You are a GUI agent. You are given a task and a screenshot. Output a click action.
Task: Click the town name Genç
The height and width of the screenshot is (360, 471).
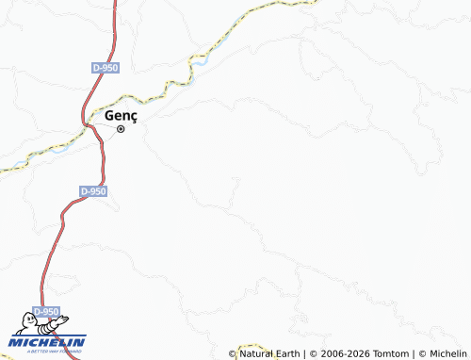(x=121, y=114)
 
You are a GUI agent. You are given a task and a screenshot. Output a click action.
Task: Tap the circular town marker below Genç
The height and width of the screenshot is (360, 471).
(x=121, y=129)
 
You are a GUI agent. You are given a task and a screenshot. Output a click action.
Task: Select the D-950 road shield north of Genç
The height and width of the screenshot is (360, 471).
(x=106, y=68)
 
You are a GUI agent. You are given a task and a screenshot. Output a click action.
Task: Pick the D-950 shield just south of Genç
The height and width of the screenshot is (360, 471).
(x=93, y=190)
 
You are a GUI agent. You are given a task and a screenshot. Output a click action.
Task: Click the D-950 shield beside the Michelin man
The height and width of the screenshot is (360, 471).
(x=46, y=311)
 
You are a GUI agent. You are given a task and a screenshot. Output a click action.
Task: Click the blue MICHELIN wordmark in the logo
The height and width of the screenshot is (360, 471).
(x=47, y=341)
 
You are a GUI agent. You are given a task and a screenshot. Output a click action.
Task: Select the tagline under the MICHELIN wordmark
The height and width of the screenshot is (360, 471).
(x=54, y=351)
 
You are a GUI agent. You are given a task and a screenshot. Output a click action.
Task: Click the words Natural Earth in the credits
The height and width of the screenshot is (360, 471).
(x=268, y=353)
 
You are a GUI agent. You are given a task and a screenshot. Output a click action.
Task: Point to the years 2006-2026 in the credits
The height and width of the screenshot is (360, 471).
(x=341, y=353)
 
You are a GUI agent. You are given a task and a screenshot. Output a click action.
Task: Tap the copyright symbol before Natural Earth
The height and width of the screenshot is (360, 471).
(x=233, y=353)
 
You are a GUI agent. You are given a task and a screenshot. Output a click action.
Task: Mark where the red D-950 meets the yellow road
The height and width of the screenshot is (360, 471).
(x=88, y=122)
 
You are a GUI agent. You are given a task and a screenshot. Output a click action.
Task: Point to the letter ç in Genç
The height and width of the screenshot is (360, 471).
(x=133, y=115)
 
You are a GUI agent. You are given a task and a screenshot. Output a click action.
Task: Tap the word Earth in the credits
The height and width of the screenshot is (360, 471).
(x=285, y=353)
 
